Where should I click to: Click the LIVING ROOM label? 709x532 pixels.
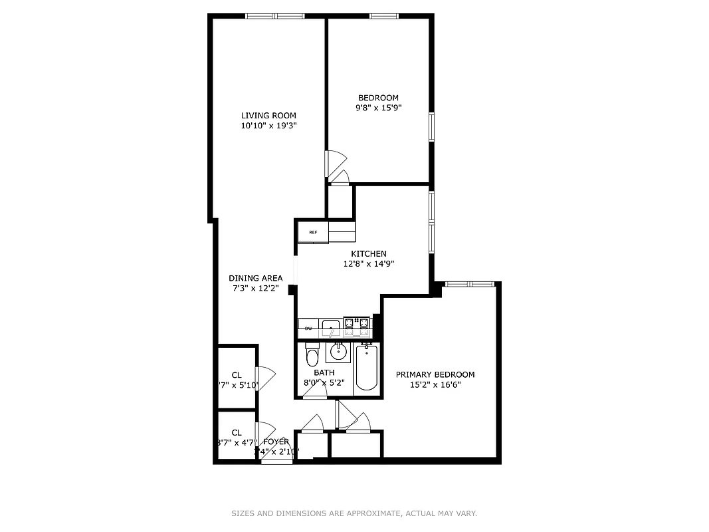point(268,116)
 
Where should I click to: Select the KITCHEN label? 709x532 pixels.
point(369,253)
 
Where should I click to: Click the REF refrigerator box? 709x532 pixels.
point(313,232)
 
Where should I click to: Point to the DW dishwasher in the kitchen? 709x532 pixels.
point(308,329)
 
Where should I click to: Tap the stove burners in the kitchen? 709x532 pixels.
point(357,325)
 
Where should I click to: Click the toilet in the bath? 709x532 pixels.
point(312,356)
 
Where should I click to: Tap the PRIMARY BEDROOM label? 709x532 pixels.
point(435,374)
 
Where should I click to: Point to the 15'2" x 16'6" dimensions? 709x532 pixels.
point(435,384)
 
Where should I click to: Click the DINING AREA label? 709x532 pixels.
point(256,278)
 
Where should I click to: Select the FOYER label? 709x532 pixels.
point(276,442)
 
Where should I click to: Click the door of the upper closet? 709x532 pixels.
point(264,378)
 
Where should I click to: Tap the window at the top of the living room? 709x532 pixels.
point(274,16)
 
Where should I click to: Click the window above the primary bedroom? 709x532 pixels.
point(470,284)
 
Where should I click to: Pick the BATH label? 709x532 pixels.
point(324,372)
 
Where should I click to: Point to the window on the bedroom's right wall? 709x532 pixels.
point(431,126)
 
